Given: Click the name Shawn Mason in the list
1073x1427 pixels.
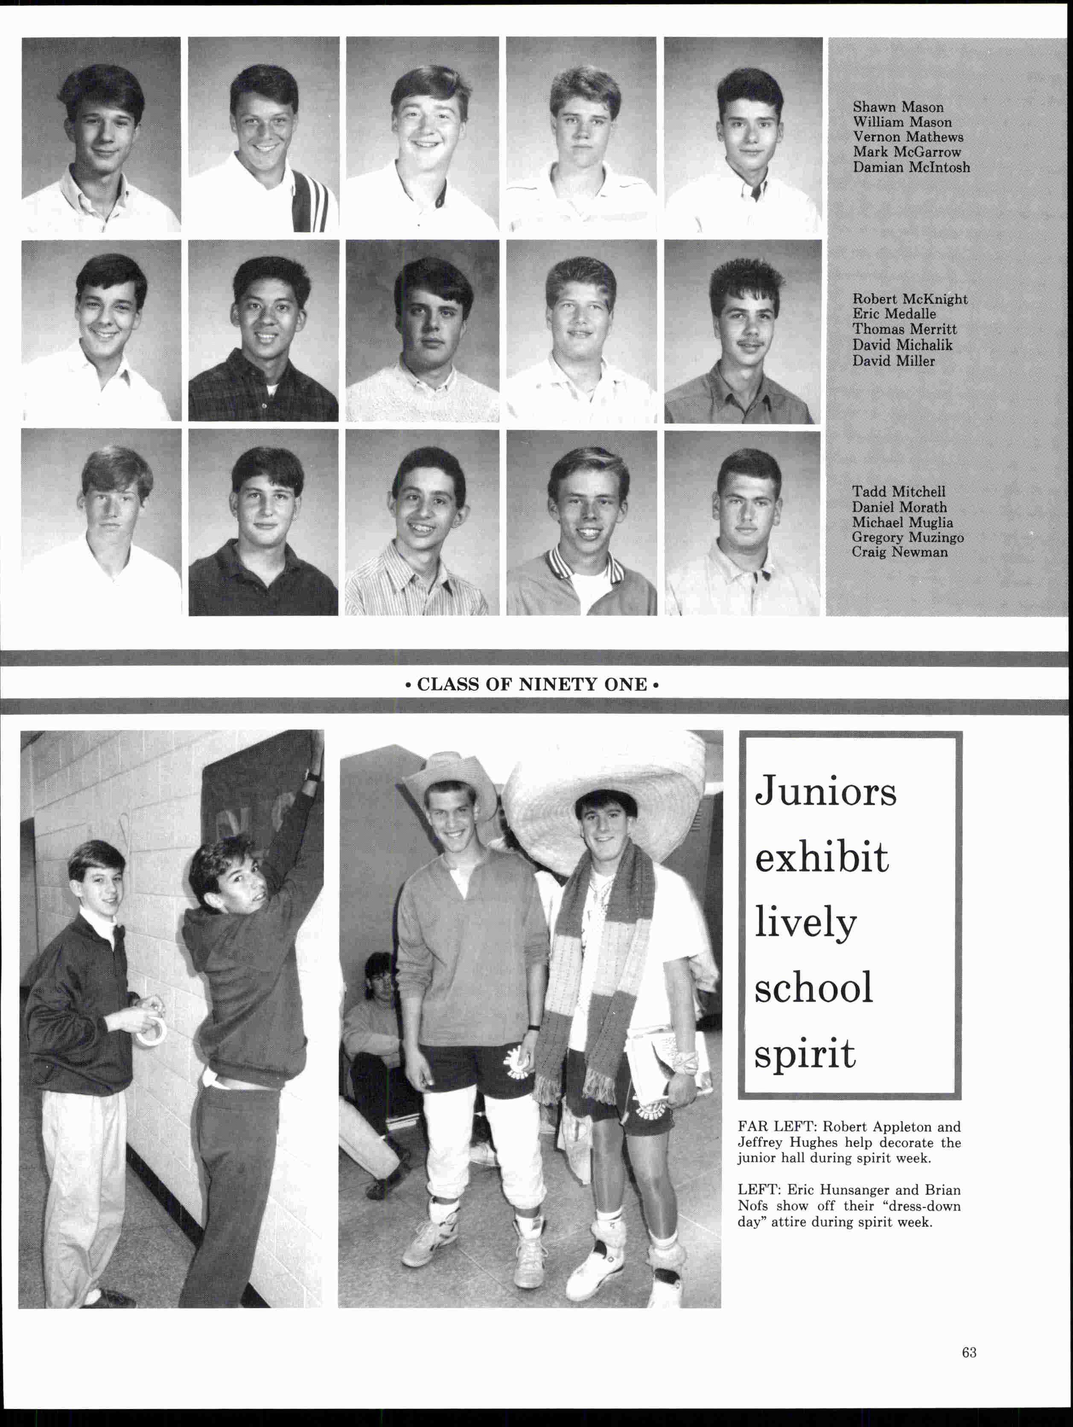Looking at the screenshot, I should pyautogui.click(x=898, y=107).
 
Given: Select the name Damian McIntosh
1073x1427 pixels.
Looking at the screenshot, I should pyautogui.click(x=911, y=167).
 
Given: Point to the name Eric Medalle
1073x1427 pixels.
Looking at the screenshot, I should pyautogui.click(x=894, y=314).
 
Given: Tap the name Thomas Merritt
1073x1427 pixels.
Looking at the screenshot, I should pyautogui.click(x=904, y=329).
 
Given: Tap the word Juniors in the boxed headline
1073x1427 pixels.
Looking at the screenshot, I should pyautogui.click(x=825, y=790).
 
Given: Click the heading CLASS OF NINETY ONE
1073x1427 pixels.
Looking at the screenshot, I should pyautogui.click(x=532, y=684).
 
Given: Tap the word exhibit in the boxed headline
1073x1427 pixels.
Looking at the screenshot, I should pyautogui.click(x=821, y=858).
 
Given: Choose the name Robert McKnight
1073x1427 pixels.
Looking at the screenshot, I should pyautogui.click(x=910, y=299).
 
